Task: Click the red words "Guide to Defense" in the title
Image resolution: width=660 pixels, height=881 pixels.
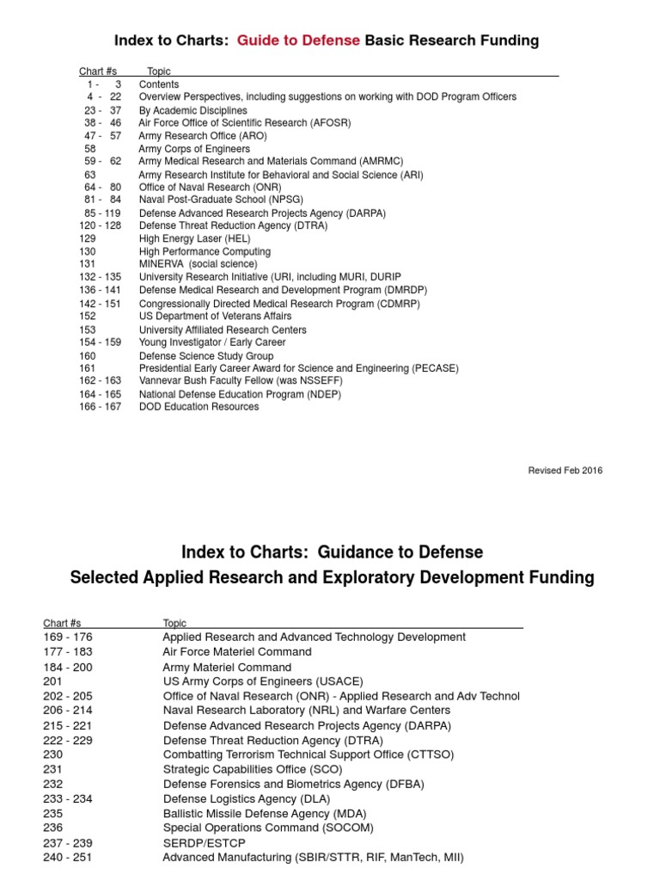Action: point(298,40)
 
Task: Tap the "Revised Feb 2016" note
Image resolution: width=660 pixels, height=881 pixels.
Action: point(565,470)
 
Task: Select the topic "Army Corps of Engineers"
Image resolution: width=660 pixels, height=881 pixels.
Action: point(194,149)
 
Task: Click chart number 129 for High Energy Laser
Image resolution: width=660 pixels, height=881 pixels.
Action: point(87,239)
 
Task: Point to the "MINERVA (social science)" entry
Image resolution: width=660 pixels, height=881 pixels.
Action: point(198,264)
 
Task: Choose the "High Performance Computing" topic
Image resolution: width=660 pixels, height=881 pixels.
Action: point(205,252)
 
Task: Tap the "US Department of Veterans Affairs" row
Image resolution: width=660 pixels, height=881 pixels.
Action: point(215,317)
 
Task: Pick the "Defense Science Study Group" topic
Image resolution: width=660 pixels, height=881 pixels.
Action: point(206,355)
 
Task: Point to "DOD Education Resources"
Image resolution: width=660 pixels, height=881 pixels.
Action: point(199,407)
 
